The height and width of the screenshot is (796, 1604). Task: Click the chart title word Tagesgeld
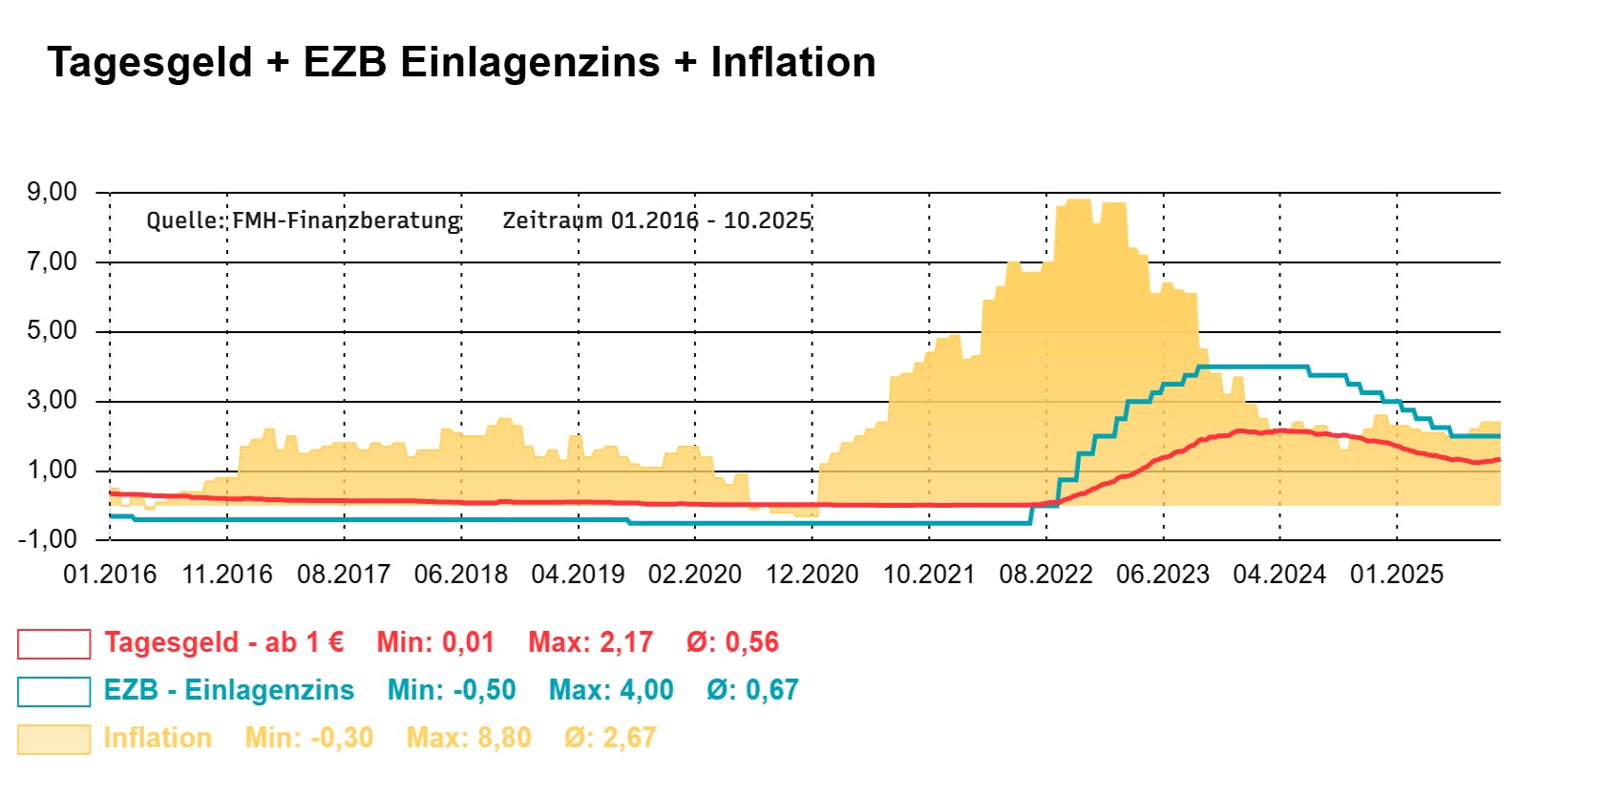(x=150, y=63)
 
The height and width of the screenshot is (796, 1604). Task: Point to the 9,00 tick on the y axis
(x=53, y=192)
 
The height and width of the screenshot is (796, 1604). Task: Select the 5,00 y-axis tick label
(x=53, y=331)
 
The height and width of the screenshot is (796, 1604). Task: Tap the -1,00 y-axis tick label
(x=48, y=539)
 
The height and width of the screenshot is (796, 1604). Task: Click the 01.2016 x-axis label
(x=110, y=575)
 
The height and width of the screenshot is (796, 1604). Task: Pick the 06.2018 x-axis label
(x=461, y=575)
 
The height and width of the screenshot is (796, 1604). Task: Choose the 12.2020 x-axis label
(x=813, y=575)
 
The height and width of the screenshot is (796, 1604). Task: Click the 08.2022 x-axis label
(x=1046, y=575)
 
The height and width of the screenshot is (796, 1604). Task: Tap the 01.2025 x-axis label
(x=1397, y=575)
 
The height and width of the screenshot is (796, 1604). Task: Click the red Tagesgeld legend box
(x=53, y=644)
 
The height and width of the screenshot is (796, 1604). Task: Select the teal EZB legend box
(x=53, y=692)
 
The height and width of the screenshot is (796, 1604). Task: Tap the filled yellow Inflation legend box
(x=53, y=740)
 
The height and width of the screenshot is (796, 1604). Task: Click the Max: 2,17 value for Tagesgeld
(x=590, y=642)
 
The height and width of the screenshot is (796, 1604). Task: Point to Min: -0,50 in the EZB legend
(x=452, y=690)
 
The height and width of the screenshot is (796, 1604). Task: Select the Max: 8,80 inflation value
(x=469, y=738)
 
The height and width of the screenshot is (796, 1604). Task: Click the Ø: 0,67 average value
(x=752, y=690)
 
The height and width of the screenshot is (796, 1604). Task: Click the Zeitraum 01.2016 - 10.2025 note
(x=657, y=220)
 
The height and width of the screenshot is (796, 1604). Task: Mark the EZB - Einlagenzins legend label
(x=229, y=690)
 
